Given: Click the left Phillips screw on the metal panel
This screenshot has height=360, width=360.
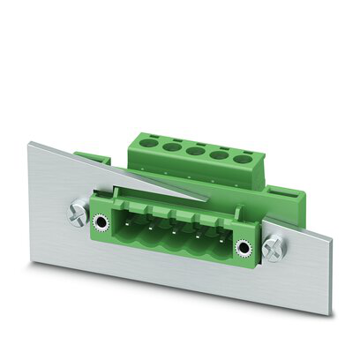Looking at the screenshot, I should (x=77, y=212).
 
